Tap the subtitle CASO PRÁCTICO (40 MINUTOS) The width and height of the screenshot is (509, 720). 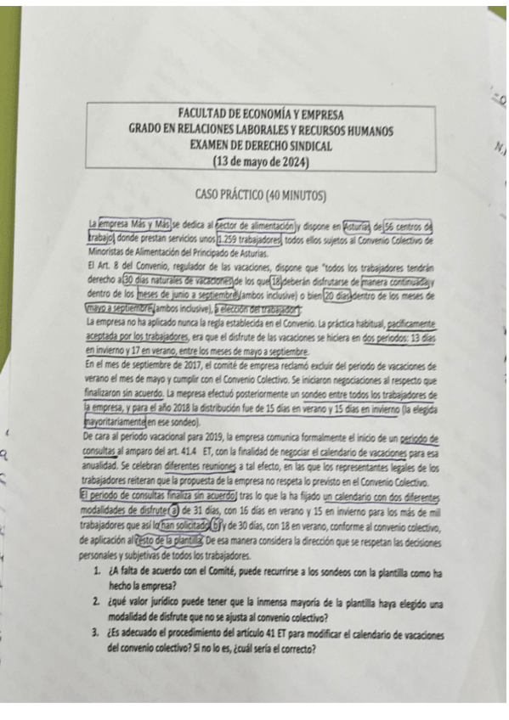point(260,195)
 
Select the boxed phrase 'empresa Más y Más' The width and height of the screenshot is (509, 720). point(135,225)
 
